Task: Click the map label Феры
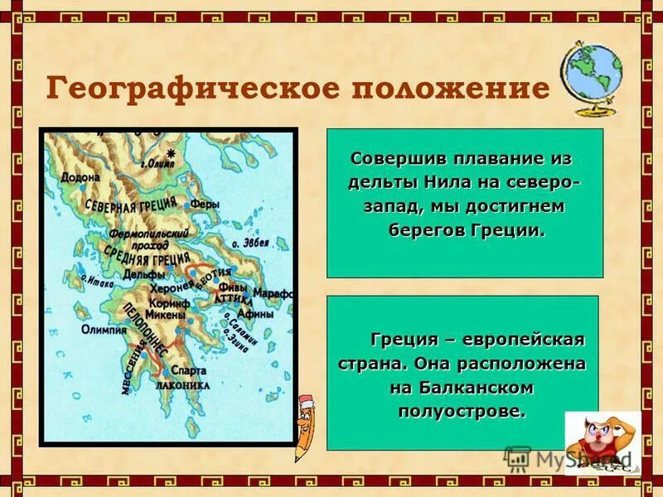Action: point(205,203)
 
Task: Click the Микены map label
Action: point(165,315)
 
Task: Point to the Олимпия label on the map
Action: point(104,329)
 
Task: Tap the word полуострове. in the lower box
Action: point(462,412)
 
